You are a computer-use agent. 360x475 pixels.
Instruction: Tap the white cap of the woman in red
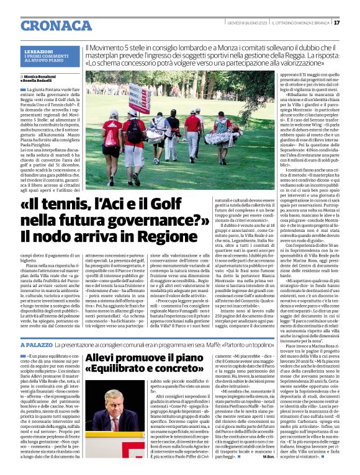click(114, 113)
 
